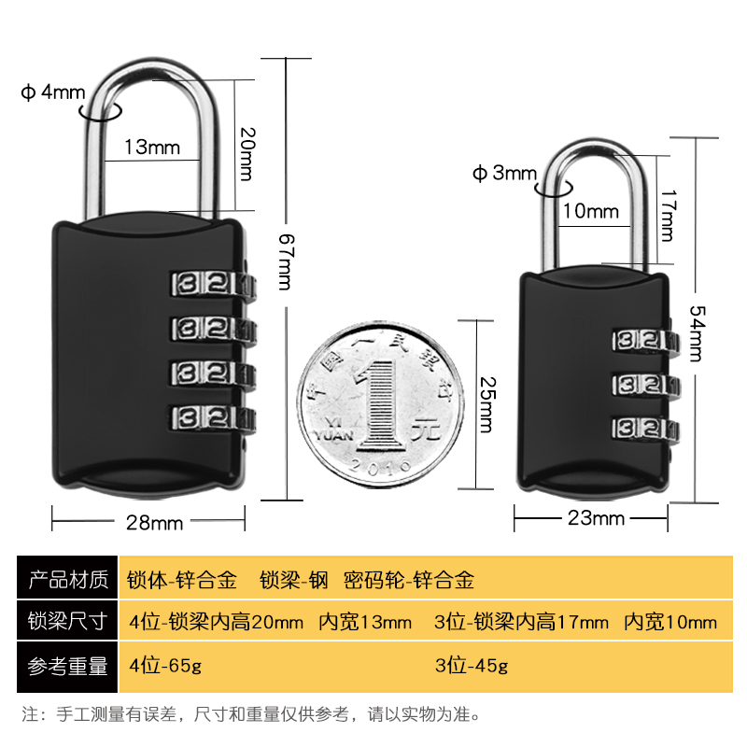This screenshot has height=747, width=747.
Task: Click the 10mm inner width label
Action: coord(590,211)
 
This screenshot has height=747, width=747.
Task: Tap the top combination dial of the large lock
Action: coord(209,283)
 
